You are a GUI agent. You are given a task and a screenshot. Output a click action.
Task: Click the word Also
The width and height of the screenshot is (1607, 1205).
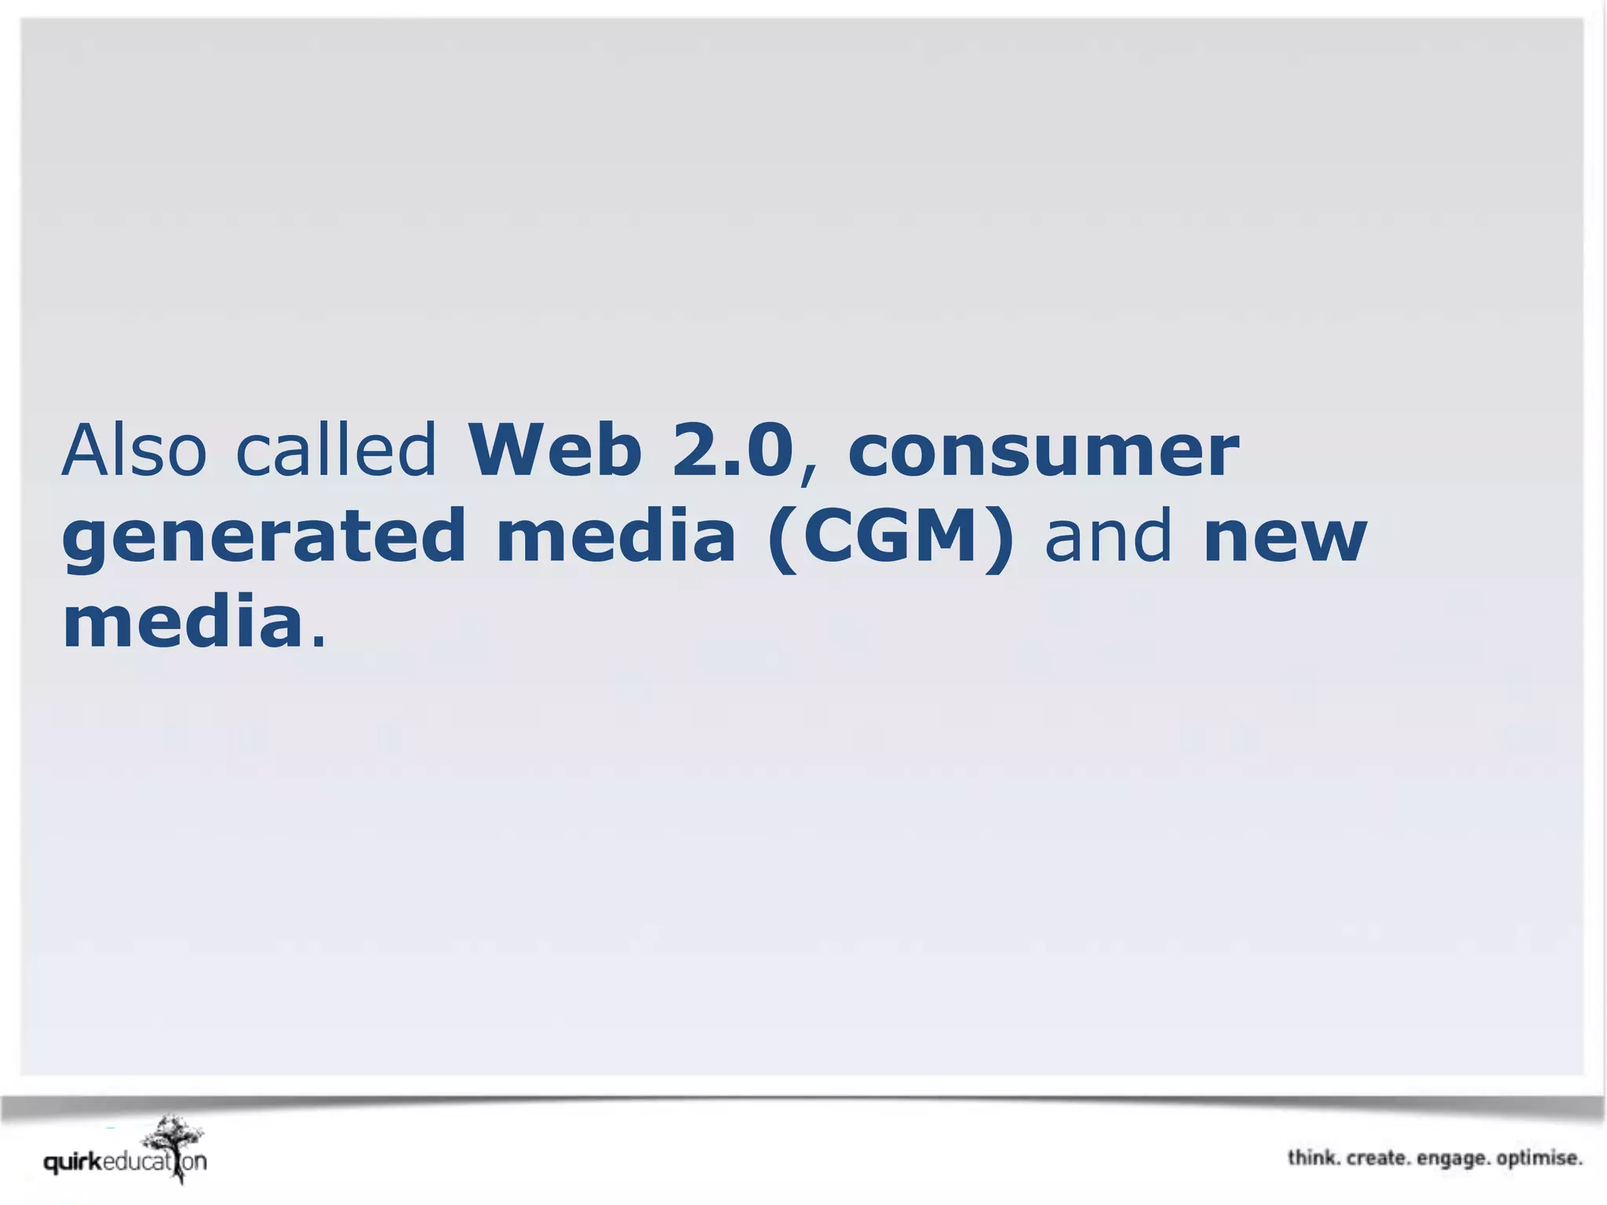[133, 450]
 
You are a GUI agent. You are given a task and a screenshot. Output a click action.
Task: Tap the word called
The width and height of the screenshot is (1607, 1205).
[336, 450]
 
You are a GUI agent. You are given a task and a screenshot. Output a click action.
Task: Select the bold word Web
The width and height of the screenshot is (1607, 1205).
[555, 450]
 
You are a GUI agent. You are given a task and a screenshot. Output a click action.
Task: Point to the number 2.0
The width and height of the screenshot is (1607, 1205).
[733, 450]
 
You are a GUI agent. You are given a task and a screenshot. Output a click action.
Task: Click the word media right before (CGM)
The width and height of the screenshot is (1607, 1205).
[616, 537]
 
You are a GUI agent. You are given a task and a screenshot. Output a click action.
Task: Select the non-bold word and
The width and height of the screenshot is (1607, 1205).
[1108, 537]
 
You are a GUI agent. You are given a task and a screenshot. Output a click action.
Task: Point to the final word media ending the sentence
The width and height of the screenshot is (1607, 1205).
[183, 623]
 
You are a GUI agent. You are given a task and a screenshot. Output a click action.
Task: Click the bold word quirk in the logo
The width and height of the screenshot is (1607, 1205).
[73, 1163]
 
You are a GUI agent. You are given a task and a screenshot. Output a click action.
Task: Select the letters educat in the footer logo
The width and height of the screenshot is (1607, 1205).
[137, 1162]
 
